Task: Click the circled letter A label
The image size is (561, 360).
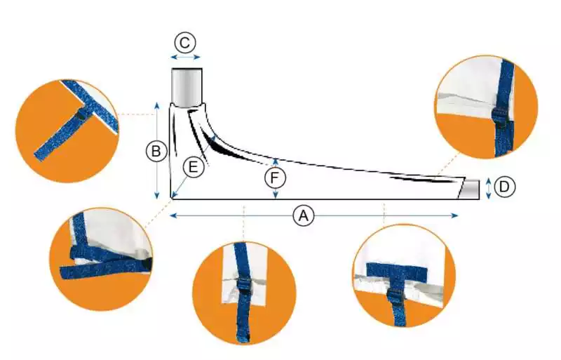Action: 304,216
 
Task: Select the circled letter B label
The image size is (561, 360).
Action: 156,151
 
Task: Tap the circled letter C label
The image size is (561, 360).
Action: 185,43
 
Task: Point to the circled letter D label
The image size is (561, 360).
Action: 504,187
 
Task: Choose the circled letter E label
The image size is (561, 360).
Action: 194,167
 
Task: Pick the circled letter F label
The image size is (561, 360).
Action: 275,178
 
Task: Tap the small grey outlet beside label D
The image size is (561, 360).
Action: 469,189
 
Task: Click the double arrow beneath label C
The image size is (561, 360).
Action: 185,58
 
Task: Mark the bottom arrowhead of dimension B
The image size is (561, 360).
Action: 156,195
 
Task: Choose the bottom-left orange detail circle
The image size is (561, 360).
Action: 101,259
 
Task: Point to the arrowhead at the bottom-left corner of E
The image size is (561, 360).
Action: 174,196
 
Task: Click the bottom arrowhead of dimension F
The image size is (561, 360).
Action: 275,196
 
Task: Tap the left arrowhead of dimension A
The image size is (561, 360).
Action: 173,215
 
